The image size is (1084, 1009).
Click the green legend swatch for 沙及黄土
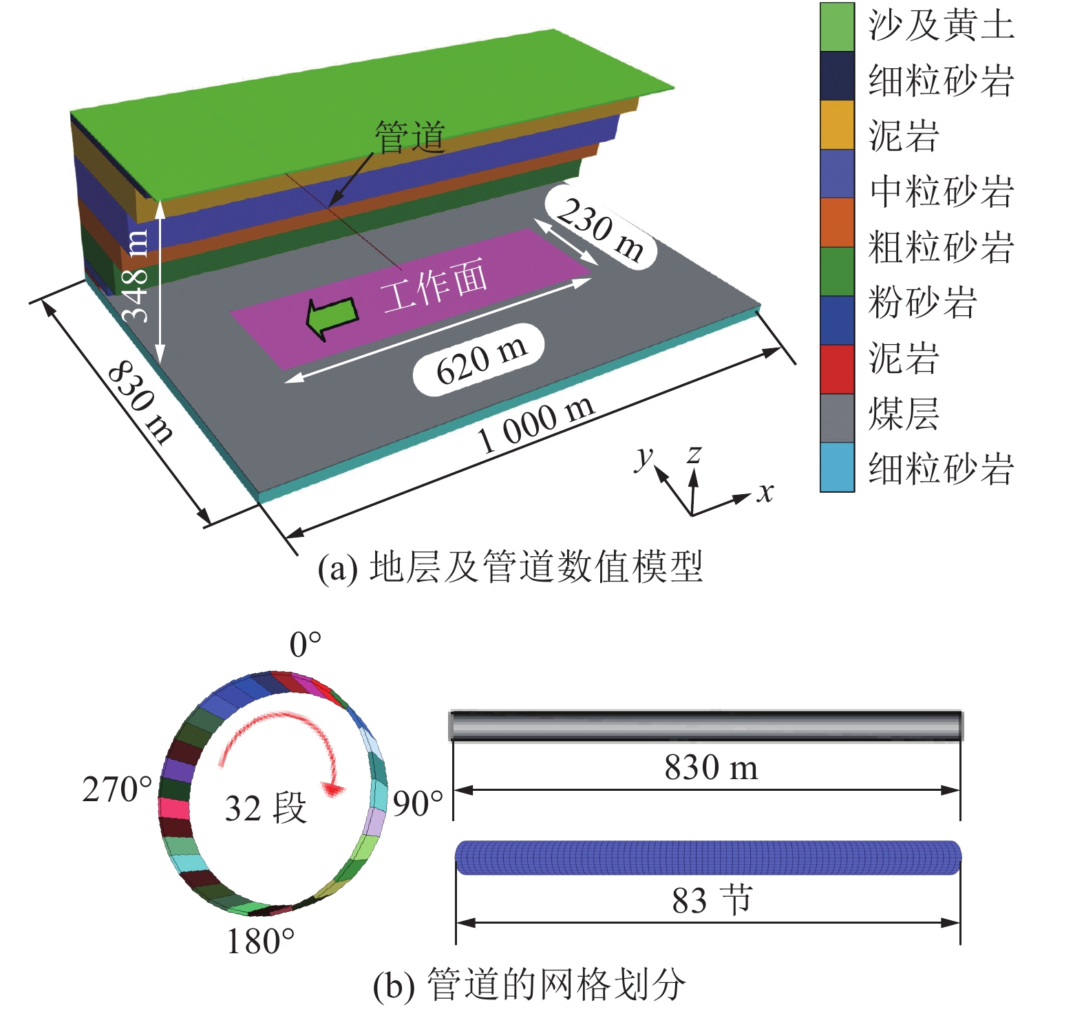pos(837,28)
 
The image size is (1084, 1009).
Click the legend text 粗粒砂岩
pos(941,247)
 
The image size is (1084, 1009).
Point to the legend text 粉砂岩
pos(922,302)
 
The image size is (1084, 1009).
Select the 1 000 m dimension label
pos(536,424)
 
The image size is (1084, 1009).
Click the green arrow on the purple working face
pos(331,318)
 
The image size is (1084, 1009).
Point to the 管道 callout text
pos(410,137)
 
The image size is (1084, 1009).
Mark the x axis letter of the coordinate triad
pos(765,492)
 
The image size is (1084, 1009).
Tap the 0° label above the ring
pos(305,645)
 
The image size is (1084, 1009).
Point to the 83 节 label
pos(712,900)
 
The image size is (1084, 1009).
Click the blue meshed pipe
pos(708,858)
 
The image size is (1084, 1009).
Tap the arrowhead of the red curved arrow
pos(334,789)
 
